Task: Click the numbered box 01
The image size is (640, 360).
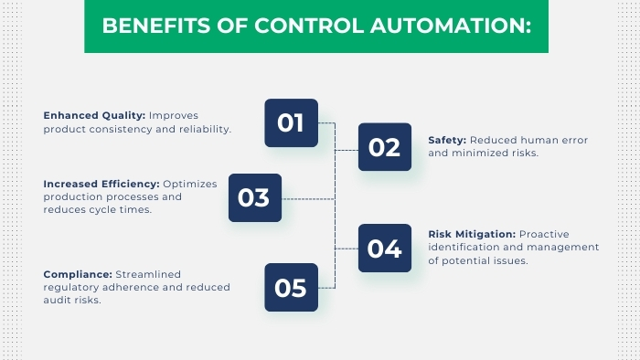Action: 291,123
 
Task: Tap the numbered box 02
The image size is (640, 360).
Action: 384,147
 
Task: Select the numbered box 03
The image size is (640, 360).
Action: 254,197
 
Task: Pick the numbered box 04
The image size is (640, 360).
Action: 384,248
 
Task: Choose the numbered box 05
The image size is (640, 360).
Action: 291,288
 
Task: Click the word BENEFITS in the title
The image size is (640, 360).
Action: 144,25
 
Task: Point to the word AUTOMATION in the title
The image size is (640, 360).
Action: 455,25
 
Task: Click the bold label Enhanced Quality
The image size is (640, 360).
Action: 94,115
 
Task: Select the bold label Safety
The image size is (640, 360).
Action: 447,140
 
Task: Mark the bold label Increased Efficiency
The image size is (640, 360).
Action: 101,184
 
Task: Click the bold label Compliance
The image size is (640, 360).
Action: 77,273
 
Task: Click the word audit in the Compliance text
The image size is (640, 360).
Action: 59,300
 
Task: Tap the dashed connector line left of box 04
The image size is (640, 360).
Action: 347,248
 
